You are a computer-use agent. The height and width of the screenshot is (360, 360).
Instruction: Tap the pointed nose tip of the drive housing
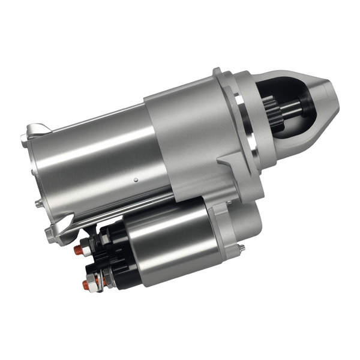pos(334,96)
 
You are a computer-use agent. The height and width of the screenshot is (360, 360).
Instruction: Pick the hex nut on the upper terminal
pos(88,245)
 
